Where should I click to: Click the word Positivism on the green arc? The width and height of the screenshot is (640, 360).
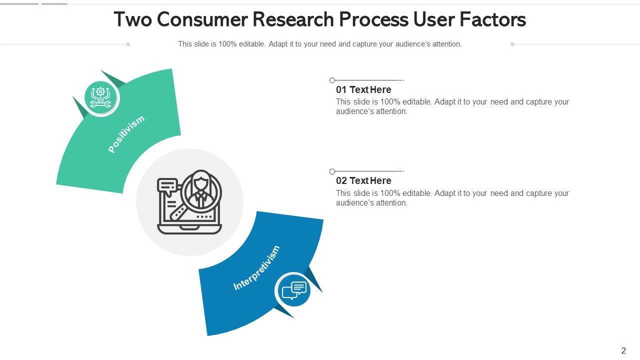coord(126,134)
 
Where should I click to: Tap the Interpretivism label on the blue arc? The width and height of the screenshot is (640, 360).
coord(256,268)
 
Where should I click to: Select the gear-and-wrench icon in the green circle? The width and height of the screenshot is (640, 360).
coord(100,98)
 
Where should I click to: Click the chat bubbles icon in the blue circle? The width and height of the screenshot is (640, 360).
coord(293,290)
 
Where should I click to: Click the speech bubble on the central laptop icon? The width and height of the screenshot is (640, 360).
coord(166,186)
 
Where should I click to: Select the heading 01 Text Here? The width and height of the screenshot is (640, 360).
coord(363,90)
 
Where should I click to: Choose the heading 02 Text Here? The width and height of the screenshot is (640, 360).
coord(363,181)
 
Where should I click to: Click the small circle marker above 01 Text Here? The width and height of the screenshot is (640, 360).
coord(332,80)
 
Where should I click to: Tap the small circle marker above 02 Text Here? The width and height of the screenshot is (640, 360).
coord(332,171)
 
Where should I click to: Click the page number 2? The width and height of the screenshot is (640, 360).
coord(623,350)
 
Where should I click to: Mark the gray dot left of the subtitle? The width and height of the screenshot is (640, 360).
coord(128,44)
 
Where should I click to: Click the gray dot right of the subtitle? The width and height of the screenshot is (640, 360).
coord(512,44)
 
